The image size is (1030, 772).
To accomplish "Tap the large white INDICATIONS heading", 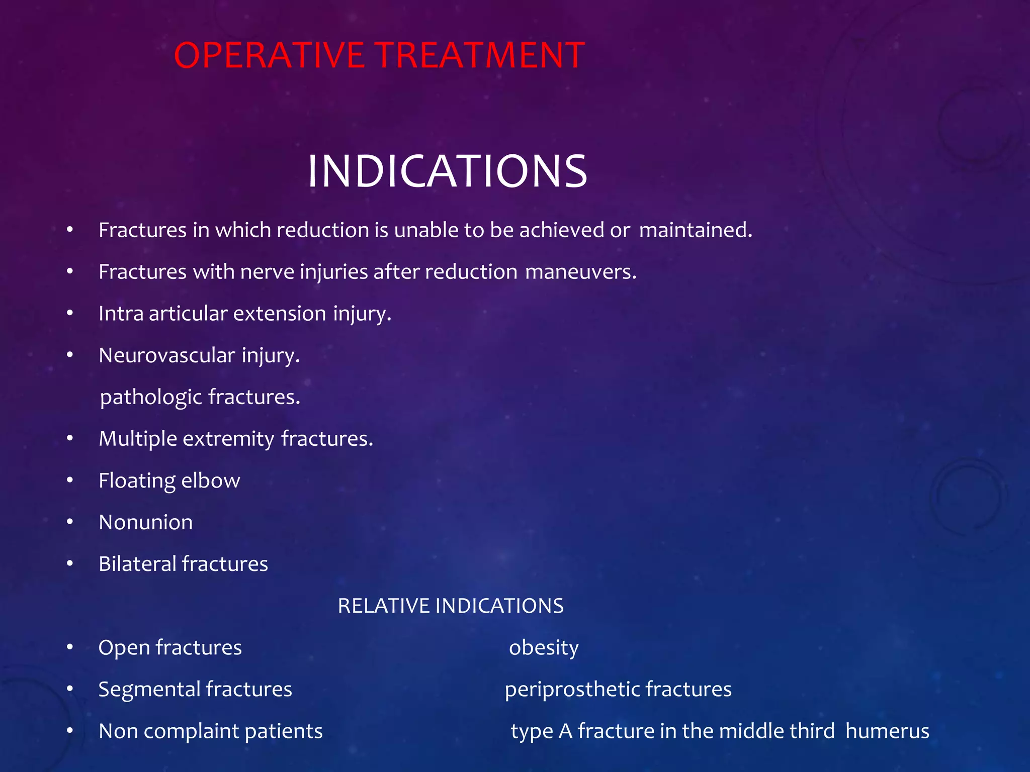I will click(447, 171).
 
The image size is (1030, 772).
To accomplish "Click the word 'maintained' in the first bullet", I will click(695, 230).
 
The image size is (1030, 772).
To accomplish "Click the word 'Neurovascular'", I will click(166, 355).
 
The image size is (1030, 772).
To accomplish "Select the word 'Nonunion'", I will click(145, 522).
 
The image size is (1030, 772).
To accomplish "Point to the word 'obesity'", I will click(544, 648).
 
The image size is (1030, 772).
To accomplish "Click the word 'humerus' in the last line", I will click(887, 731).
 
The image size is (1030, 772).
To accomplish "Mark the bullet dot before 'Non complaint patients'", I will click(70, 731).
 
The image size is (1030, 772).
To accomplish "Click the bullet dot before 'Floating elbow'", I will click(70, 480).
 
